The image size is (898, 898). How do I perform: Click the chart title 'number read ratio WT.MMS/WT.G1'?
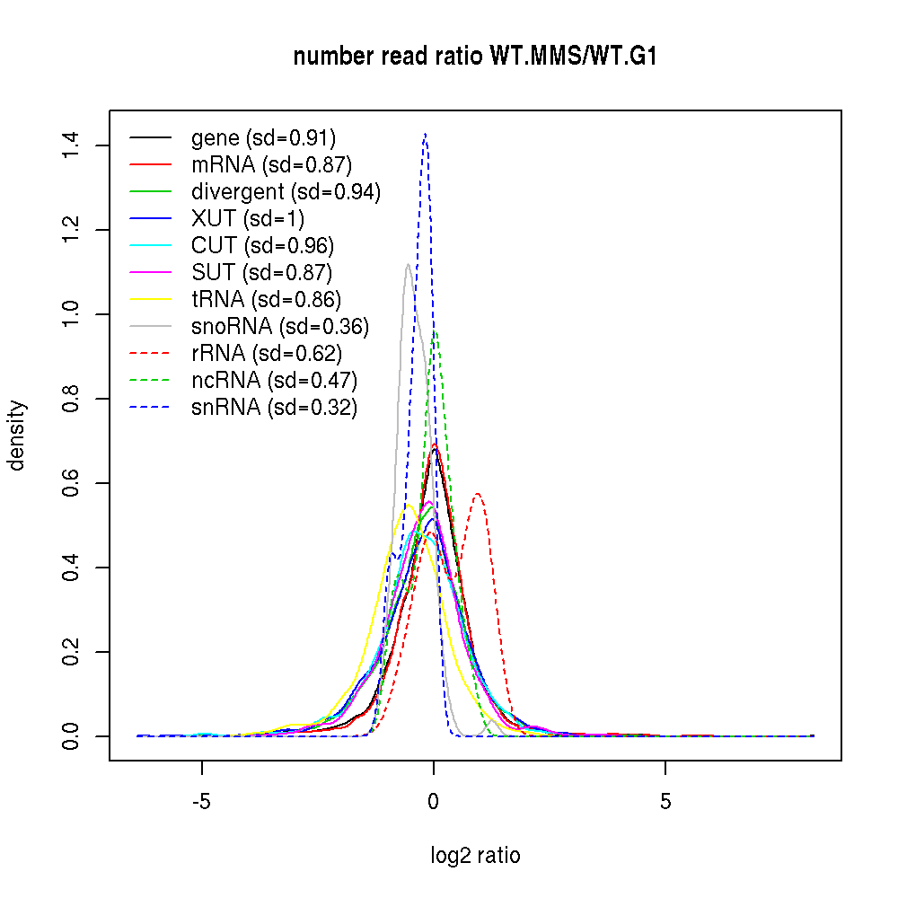pos(477,57)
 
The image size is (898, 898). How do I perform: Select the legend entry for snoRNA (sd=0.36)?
pos(280,326)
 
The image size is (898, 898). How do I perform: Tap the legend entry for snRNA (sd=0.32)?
pos(274,408)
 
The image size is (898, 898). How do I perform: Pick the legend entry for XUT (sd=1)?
pos(248,218)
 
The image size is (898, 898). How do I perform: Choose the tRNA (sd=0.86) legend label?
pos(266,299)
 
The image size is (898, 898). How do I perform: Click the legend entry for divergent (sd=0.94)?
pos(286,191)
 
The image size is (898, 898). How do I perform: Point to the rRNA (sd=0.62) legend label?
pos(266,353)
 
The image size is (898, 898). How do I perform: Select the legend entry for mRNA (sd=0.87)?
pos(271,164)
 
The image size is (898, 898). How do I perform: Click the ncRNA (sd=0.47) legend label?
pos(274,380)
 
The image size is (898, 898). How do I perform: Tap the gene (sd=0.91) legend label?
pos(263,137)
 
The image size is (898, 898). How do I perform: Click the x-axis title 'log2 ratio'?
pos(476,856)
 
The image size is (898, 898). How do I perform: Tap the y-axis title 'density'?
pos(18,435)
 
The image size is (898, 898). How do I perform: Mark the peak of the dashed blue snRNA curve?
pos(425,134)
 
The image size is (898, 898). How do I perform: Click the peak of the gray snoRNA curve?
pos(409,264)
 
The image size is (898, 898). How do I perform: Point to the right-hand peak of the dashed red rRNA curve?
pos(478,493)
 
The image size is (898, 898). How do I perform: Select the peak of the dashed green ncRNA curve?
pos(436,330)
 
